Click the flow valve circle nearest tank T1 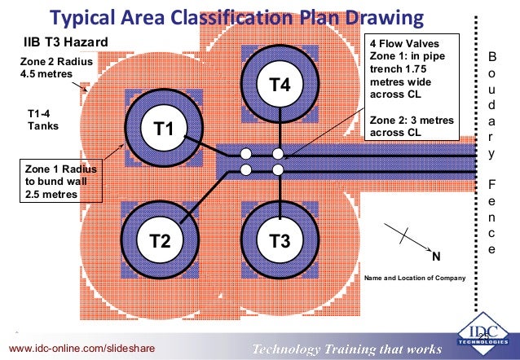(x=245, y=153)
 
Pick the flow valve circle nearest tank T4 (x=278, y=153)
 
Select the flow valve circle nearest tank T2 (x=245, y=169)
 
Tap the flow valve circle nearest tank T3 (x=278, y=169)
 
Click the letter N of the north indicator (x=435, y=257)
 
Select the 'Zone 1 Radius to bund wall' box (x=56, y=180)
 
